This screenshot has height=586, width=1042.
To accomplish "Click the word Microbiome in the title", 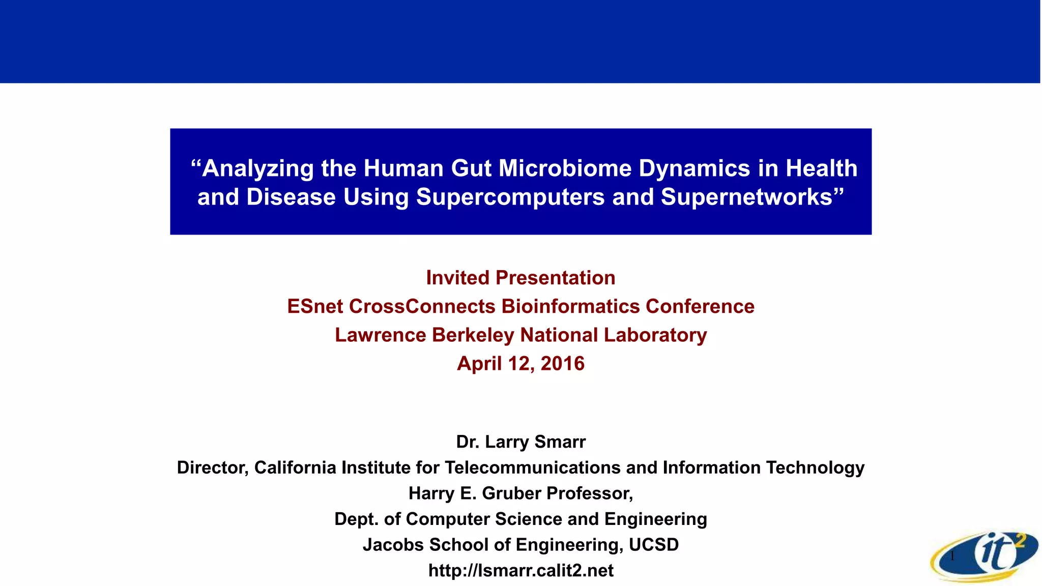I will [565, 168].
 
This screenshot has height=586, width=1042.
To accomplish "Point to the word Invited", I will [457, 278].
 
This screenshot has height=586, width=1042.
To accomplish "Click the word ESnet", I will [315, 306].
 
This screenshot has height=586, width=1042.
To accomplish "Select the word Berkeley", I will [473, 335].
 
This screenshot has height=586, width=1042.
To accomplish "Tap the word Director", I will [213, 467].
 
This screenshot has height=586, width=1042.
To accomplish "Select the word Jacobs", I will [393, 545].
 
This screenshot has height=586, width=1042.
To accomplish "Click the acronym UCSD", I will [653, 545].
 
